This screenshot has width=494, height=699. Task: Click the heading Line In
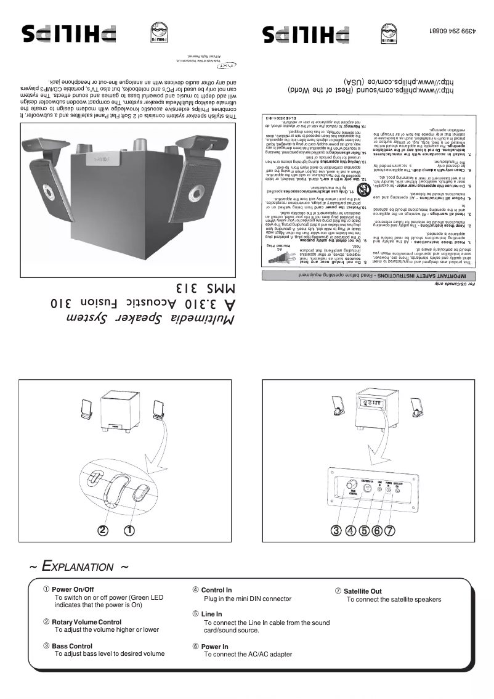click(x=211, y=615)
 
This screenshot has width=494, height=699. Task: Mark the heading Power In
click(x=214, y=647)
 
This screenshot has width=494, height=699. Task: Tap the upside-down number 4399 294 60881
click(x=455, y=30)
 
